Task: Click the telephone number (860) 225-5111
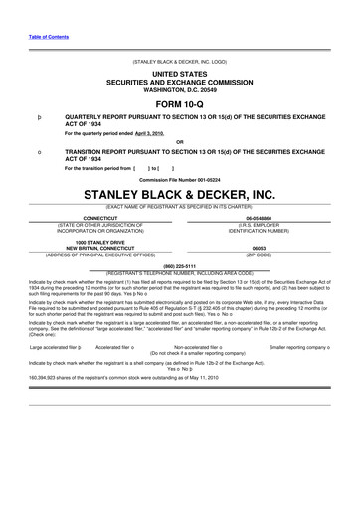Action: point(180,265)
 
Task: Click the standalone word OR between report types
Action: point(180,140)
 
